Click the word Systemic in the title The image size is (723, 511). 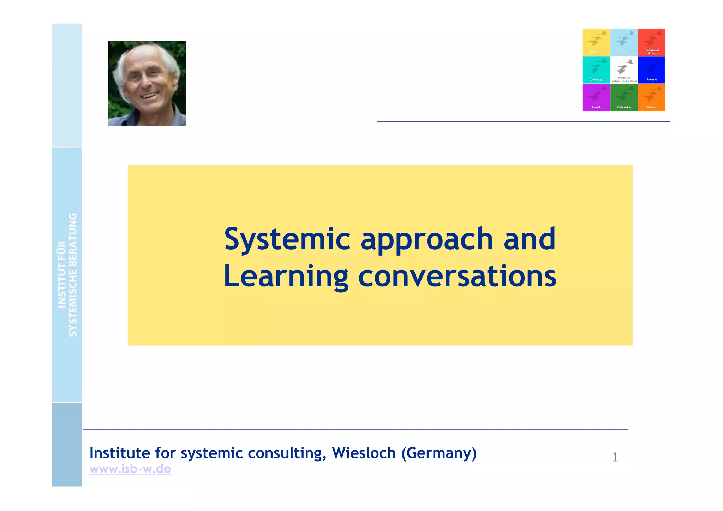287,240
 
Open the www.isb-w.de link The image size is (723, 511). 130,469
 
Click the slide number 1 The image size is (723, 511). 615,457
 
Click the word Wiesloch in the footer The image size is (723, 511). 364,453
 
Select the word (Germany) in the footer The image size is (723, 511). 439,453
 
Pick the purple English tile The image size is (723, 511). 596,97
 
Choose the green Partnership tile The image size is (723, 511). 624,97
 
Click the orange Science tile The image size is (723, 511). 651,97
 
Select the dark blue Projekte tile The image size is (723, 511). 651,70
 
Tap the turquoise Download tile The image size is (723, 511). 596,70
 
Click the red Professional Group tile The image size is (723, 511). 651,42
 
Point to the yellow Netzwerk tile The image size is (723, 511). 596,42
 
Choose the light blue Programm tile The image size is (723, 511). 624,42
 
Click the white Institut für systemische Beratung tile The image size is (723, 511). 624,70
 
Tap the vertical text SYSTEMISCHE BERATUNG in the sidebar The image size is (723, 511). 73,275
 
